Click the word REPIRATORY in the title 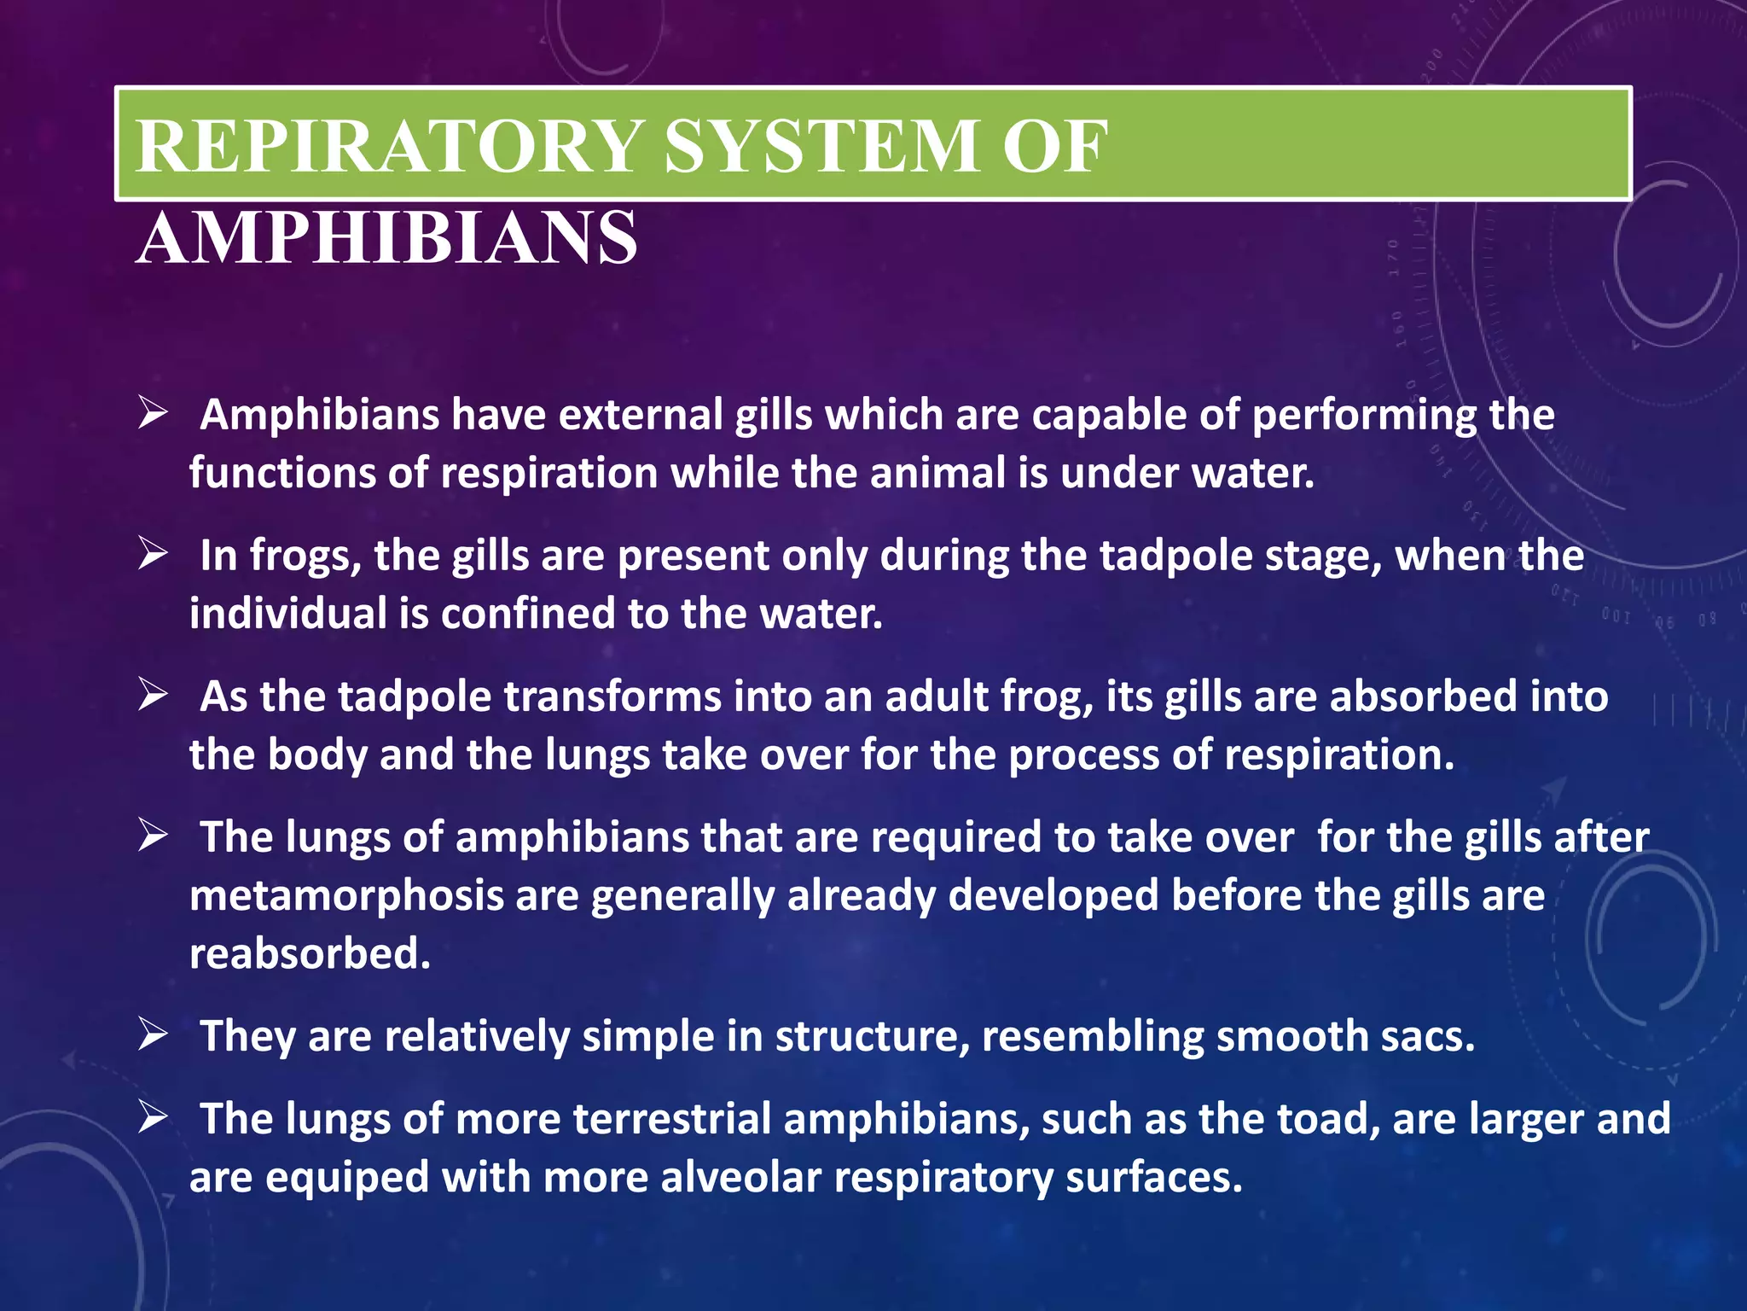[389, 147]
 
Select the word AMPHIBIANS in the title [386, 238]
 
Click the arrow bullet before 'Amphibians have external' [154, 416]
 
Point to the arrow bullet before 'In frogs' [154, 556]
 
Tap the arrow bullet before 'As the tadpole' [154, 696]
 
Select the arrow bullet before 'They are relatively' [154, 1036]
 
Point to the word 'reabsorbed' [310, 953]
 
